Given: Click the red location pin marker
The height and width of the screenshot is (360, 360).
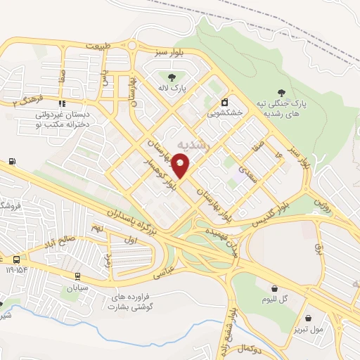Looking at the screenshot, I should (181, 166).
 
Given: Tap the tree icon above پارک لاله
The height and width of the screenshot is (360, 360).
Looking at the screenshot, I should (170, 77).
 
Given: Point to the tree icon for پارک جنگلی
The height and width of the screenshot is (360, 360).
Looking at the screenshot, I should (281, 92).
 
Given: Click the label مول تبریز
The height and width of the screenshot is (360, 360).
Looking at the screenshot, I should (309, 328).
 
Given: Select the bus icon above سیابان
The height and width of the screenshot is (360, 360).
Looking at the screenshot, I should (77, 276).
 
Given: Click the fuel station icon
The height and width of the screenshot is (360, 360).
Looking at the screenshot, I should (12, 162).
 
